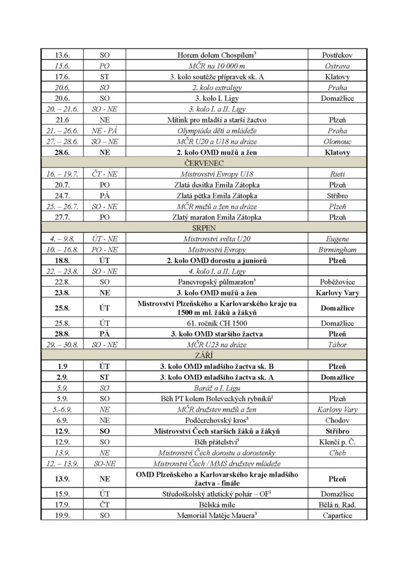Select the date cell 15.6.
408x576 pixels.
[61, 66]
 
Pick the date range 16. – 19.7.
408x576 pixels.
[61, 174]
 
